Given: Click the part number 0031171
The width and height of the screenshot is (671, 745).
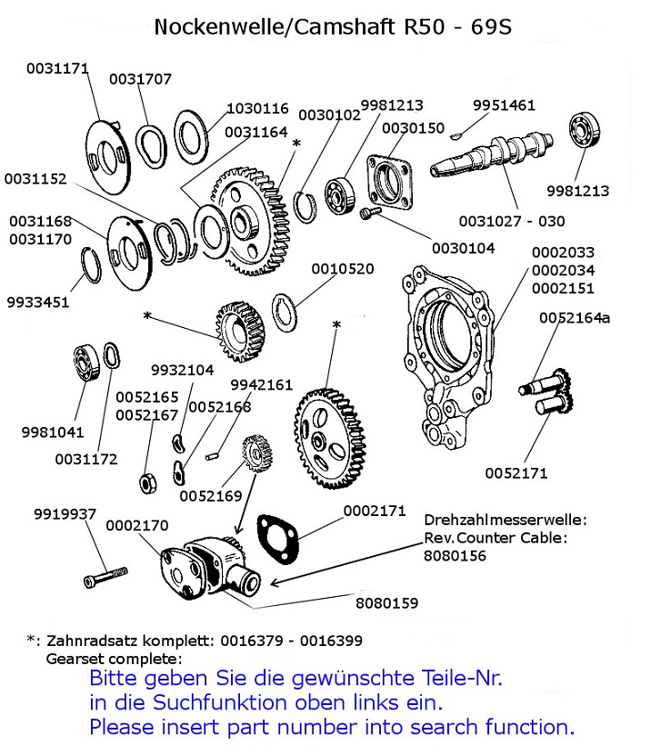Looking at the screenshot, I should coord(57,67).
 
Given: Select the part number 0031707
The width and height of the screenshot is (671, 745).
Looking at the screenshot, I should coord(140,79).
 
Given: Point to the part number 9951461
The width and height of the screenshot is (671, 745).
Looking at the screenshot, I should coord(504,105).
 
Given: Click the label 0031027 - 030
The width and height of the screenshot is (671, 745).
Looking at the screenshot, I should coord(511,221).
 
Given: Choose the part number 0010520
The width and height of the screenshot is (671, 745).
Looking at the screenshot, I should coord(343,269).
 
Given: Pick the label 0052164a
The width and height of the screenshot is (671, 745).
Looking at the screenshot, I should coord(575,317).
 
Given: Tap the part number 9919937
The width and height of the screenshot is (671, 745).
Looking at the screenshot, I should coord(65,514).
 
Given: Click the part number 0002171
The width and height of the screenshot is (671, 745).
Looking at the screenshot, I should coord(374,512).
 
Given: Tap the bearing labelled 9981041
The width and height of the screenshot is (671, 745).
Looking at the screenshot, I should coord(85,363).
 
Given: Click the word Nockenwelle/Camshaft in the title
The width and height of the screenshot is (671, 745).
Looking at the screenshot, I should coord(275,27).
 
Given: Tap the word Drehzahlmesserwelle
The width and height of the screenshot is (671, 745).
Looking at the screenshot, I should coord(505,520).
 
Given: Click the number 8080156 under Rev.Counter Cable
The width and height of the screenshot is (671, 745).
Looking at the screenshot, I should coord(456,554).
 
